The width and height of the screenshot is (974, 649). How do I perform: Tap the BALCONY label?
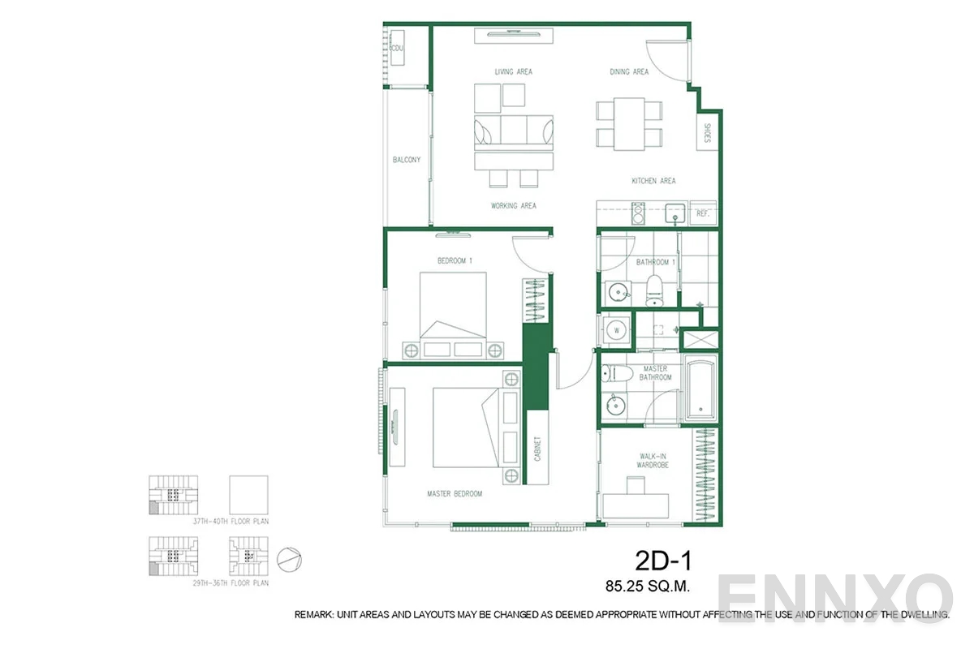click(407, 160)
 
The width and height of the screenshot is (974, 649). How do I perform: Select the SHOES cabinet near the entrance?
click(706, 133)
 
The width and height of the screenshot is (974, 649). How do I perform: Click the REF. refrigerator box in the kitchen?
click(704, 214)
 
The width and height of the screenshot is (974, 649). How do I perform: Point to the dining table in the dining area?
click(629, 122)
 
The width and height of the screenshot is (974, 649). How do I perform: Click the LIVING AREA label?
click(514, 72)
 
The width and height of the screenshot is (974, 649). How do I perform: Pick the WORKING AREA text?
click(514, 206)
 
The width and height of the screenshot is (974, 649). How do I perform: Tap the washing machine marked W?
click(615, 330)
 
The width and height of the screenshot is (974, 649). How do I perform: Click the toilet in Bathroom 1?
click(655, 290)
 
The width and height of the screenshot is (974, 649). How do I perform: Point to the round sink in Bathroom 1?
click(617, 291)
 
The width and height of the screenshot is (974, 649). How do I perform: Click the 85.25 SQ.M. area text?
click(648, 583)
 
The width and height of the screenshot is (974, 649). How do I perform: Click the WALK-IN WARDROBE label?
click(652, 461)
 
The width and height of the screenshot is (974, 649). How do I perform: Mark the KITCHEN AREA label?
click(653, 181)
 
